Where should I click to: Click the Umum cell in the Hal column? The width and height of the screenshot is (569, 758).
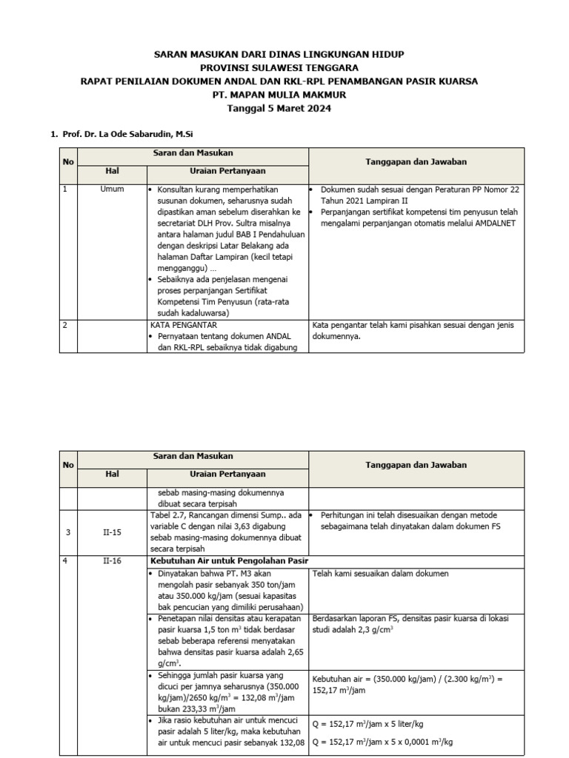(112, 189)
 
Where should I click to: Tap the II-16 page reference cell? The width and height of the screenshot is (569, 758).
(112, 560)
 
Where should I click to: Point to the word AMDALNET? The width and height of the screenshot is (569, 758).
(494, 223)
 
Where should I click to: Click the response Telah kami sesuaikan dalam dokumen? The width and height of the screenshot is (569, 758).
(381, 574)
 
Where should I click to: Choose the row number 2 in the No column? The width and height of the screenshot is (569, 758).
(65, 324)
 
